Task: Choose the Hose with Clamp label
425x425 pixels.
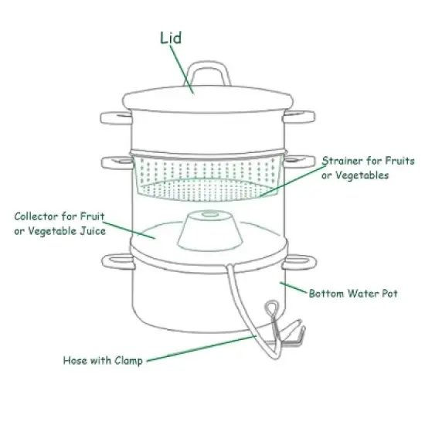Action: click(x=102, y=360)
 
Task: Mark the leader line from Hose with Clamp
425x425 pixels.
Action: click(x=201, y=348)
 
